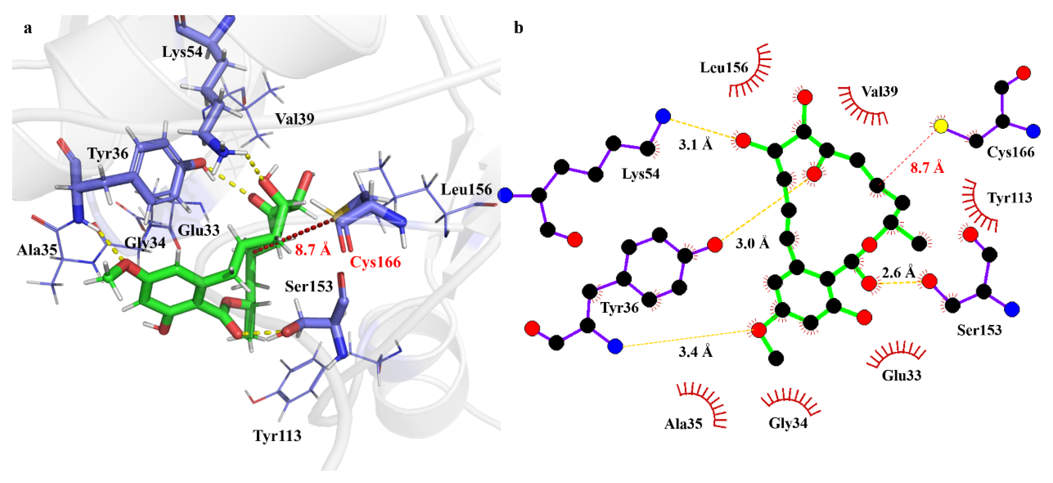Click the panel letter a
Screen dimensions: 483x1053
pos(28,28)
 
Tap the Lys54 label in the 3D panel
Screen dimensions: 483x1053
pos(182,52)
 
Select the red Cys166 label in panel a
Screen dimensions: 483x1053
pos(375,262)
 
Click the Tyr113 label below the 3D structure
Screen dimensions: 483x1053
pos(277,436)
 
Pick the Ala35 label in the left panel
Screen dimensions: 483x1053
pos(37,250)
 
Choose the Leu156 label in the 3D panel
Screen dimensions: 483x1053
pos(466,190)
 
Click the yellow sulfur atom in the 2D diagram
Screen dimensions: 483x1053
pos(941,126)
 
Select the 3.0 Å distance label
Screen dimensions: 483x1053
pos(752,243)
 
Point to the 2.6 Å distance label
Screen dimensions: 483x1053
pos(898,272)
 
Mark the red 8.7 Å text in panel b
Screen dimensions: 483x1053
pos(927,167)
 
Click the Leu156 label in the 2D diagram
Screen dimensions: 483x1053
pos(724,67)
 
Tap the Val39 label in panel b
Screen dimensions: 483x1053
pos(880,91)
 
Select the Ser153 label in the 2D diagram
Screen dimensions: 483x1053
pos(979,330)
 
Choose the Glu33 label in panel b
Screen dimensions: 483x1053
pos(901,375)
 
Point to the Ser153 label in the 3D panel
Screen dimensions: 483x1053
pos(309,286)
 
